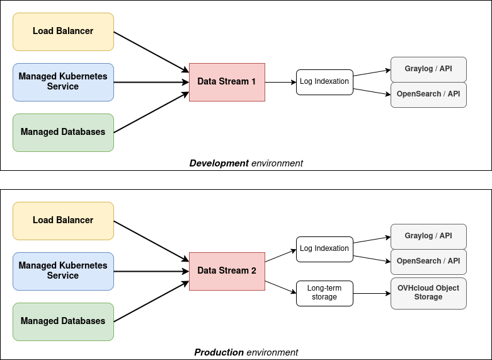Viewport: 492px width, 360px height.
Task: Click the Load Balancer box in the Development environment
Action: pyautogui.click(x=63, y=32)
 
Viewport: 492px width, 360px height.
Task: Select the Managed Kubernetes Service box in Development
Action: pyautogui.click(x=63, y=82)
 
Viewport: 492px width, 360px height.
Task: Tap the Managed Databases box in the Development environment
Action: pyautogui.click(x=63, y=132)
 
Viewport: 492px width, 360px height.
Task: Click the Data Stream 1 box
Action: pyautogui.click(x=227, y=82)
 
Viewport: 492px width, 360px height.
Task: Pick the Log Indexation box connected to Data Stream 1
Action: pyautogui.click(x=324, y=82)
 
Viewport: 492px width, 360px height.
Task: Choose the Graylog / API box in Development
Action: pyautogui.click(x=428, y=69)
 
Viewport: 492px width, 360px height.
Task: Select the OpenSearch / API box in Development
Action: pyautogui.click(x=428, y=95)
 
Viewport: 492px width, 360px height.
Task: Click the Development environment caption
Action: pyautogui.click(x=246, y=163)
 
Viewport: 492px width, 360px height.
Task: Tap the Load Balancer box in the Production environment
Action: pyautogui.click(x=63, y=221)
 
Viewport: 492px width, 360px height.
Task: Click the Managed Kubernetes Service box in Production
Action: pyautogui.click(x=63, y=271)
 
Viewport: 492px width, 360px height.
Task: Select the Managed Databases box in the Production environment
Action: pyautogui.click(x=63, y=322)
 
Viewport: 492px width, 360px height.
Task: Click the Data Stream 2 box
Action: pyautogui.click(x=227, y=271)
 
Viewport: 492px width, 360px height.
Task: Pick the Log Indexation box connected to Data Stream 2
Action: pyautogui.click(x=324, y=249)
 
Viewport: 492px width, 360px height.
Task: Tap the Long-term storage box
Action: pyautogui.click(x=324, y=293)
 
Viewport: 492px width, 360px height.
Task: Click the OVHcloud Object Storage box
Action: pyautogui.click(x=428, y=293)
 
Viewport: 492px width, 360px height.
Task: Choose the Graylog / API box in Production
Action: pyautogui.click(x=428, y=236)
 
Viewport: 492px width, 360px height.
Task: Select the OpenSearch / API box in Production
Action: pyautogui.click(x=428, y=261)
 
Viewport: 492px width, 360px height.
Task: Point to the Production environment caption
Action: pyautogui.click(x=246, y=352)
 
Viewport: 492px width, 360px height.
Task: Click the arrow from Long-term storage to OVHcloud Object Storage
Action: pyautogui.click(x=372, y=293)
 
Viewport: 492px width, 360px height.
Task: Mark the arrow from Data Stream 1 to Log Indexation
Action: pyautogui.click(x=280, y=82)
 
